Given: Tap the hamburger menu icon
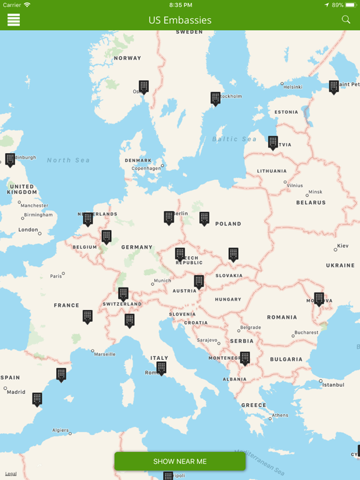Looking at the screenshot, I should tap(14, 20).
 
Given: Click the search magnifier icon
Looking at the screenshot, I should tap(346, 20).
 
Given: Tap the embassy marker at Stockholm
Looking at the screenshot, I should tap(216, 98).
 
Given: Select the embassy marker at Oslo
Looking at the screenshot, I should tap(144, 86).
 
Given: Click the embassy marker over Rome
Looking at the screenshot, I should tap(161, 367).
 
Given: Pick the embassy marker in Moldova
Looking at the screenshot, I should tap(319, 299).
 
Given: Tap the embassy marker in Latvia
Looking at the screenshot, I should tap(273, 142).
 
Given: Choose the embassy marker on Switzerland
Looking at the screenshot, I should tap(124, 293).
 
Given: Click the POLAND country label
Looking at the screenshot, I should tap(228, 224).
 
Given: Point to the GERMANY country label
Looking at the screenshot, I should tap(137, 247).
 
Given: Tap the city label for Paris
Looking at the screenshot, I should tap(56, 276).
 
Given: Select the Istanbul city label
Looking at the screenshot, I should tap(333, 385).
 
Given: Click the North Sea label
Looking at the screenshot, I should tap(68, 161).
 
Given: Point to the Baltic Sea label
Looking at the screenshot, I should tap(234, 139).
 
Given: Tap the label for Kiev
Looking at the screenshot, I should tap(342, 246).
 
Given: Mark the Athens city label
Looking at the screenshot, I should tap(280, 415).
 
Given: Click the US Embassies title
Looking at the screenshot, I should tap(180, 20).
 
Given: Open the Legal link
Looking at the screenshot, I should tap(11, 474).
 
